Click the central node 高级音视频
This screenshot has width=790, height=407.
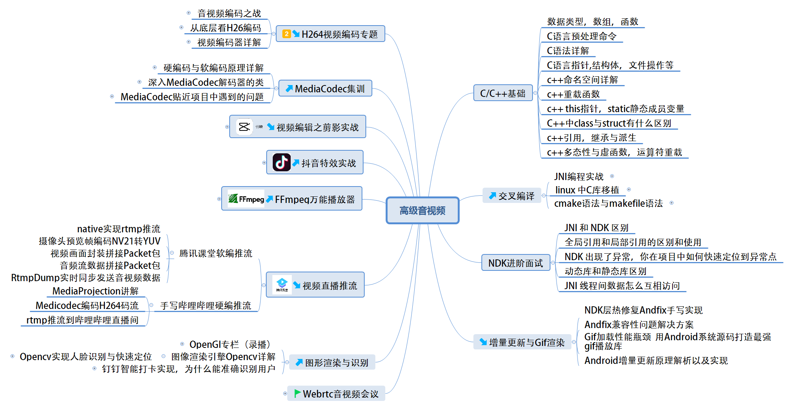[x=422, y=211]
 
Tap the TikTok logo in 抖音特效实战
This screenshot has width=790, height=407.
[x=282, y=162]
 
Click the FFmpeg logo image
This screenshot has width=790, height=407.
[x=246, y=199]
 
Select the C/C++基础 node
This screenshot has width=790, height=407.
[x=502, y=93]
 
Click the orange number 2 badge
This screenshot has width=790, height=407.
[x=286, y=34]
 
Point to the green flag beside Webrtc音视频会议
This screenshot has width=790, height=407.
[x=297, y=393]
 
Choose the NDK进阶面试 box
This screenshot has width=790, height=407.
[x=515, y=263]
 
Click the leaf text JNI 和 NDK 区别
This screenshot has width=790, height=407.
[x=596, y=228]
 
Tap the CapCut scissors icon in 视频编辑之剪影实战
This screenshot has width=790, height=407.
[x=244, y=127]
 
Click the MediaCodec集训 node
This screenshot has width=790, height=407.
[x=325, y=88]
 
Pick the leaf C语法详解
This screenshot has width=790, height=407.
[x=568, y=51]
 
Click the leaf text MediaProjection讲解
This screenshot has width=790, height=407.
[x=95, y=291]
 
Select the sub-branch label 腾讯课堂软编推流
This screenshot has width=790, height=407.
[x=216, y=253]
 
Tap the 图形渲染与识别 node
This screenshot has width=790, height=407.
[x=332, y=362]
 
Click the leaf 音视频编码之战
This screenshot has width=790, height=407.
[x=229, y=13]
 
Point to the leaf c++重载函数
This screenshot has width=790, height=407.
[x=573, y=94]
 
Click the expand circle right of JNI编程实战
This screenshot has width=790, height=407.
[x=612, y=176]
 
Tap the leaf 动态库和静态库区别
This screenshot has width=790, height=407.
[x=605, y=271]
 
